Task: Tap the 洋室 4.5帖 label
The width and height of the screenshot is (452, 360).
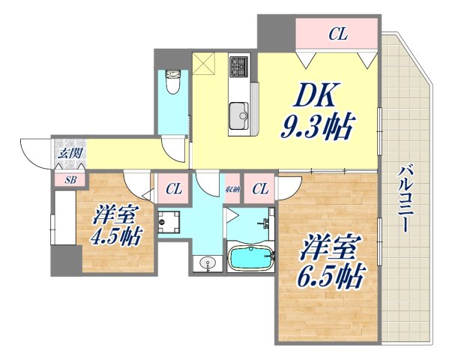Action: [116, 224]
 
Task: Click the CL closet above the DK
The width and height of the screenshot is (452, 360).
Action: [337, 33]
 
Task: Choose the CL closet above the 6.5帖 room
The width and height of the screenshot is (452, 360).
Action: [260, 188]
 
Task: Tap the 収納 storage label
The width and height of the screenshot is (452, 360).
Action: [232, 188]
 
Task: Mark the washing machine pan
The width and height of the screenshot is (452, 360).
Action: [169, 222]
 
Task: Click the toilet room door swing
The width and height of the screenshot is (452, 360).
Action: [173, 148]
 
